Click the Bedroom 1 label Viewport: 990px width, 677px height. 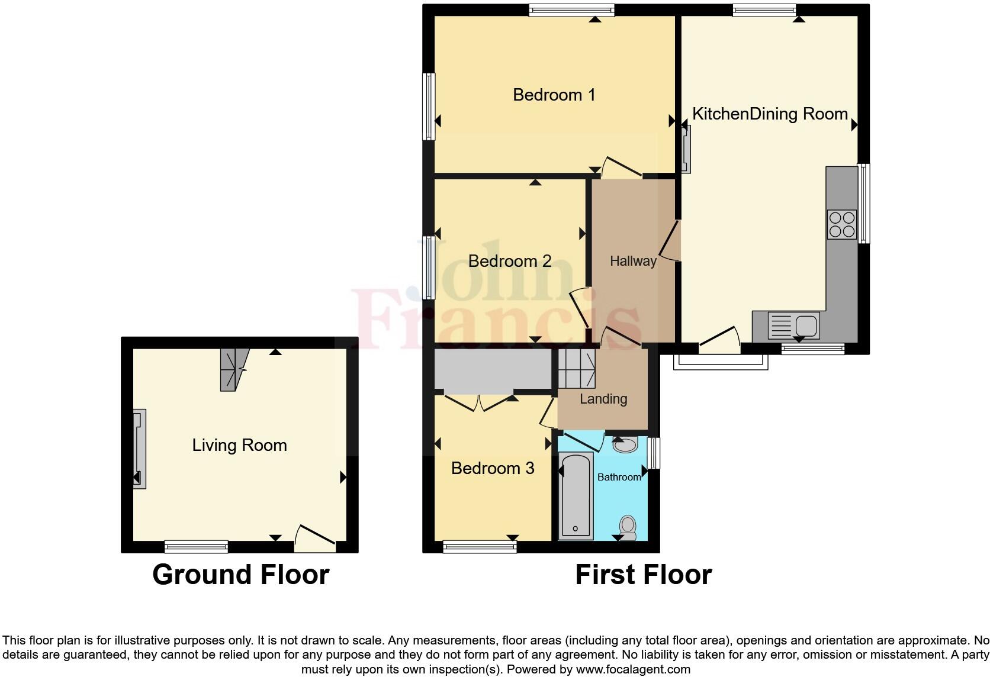(554, 95)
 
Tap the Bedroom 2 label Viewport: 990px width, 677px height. (510, 261)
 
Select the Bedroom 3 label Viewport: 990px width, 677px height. (493, 468)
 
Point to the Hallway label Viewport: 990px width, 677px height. (633, 261)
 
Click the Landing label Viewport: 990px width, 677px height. (603, 399)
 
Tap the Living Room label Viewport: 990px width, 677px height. (239, 445)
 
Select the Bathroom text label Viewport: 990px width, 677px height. (619, 477)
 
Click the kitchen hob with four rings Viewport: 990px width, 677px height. (841, 225)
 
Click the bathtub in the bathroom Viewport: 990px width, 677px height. (576, 496)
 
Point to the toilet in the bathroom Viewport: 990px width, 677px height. (628, 527)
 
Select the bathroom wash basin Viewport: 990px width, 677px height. (625, 444)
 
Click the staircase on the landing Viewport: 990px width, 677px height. (576, 368)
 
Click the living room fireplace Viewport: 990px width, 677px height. (139, 449)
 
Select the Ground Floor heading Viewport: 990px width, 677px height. (240, 575)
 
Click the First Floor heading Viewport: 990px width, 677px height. (643, 575)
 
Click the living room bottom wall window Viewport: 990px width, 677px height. (196, 546)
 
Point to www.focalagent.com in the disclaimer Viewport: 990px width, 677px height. (633, 670)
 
